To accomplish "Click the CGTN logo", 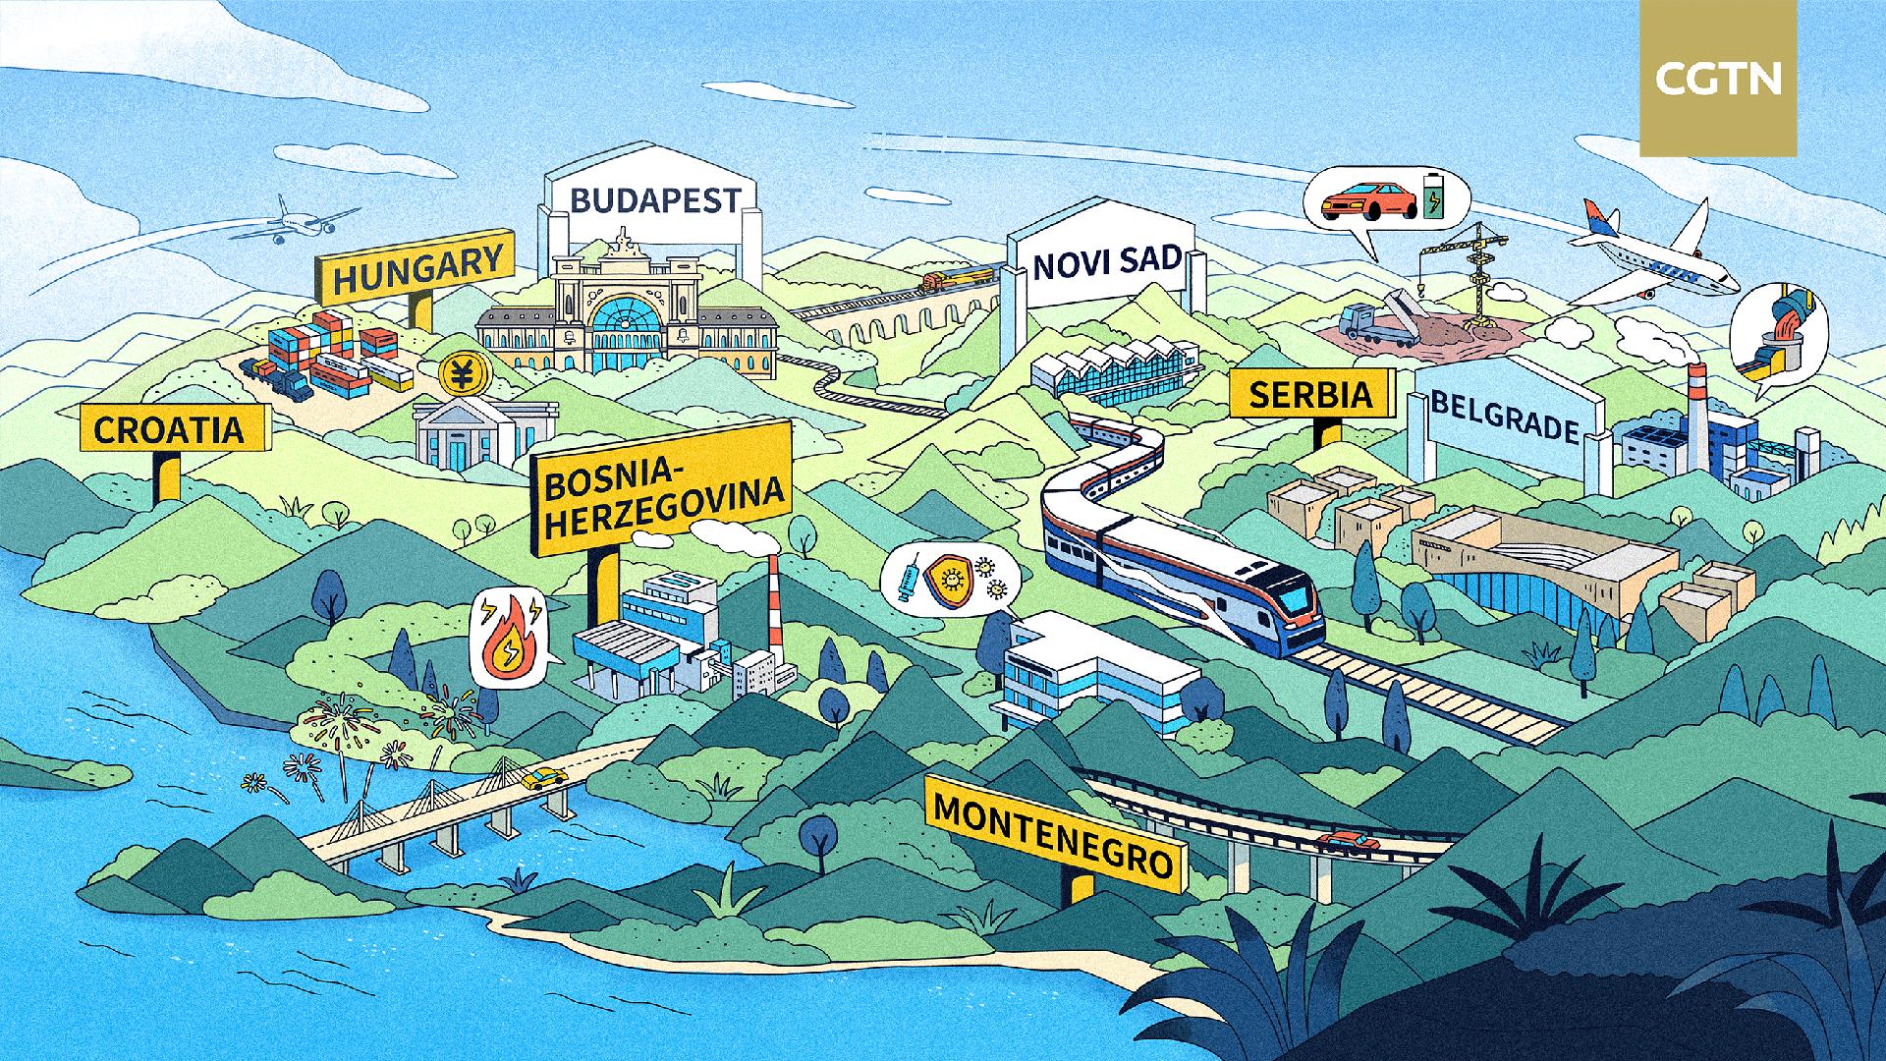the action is [1718, 79].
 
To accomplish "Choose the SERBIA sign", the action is [1312, 394].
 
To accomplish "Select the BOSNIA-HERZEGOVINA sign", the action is [664, 488].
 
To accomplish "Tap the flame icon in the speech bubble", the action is [509, 638].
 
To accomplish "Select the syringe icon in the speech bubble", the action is [911, 577].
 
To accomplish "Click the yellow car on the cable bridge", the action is [543, 779].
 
